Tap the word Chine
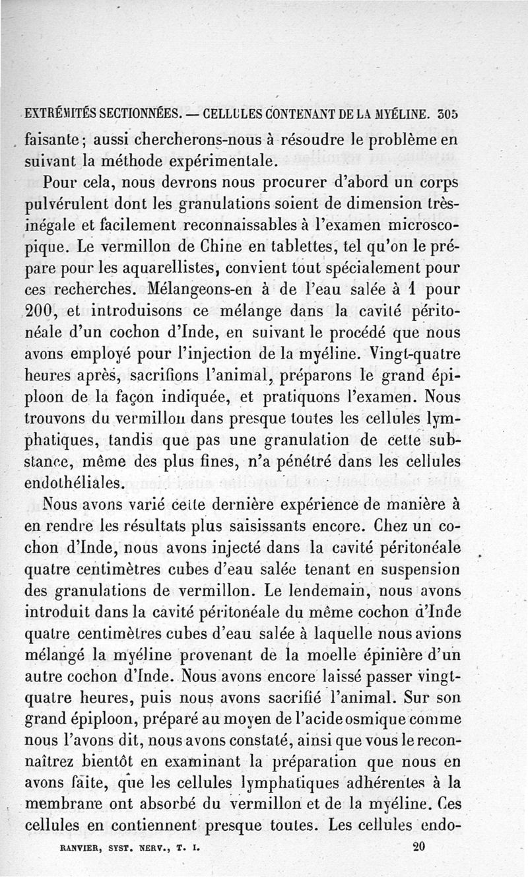coord(226,248)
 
